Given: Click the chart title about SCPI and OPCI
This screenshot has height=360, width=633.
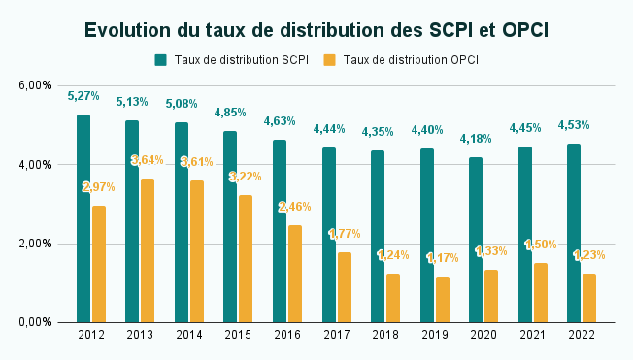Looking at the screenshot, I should (316, 30).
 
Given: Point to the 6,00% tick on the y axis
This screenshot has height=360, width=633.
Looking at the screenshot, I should (34, 85).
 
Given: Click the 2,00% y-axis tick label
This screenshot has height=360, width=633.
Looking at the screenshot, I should (34, 244).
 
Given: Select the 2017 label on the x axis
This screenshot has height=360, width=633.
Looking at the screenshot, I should (336, 334).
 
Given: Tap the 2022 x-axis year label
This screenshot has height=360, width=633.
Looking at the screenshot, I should (582, 334).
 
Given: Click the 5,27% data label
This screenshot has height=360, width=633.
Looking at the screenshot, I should (83, 96).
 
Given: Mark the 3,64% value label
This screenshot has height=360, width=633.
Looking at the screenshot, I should (148, 160).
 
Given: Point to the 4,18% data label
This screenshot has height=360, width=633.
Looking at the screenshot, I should (477, 139).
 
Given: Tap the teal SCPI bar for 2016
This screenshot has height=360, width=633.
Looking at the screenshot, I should (280, 231).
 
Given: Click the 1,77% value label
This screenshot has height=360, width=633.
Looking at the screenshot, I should (345, 234).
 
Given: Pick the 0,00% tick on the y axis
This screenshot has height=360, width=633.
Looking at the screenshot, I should (34, 322).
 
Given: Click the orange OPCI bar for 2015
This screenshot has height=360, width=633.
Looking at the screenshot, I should (247, 259).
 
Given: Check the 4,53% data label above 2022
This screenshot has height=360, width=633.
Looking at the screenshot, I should (574, 125).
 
